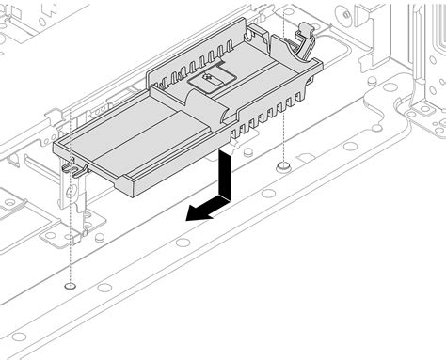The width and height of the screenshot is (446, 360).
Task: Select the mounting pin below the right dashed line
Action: [x=282, y=165]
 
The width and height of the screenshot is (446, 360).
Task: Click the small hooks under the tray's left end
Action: [x=75, y=168]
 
